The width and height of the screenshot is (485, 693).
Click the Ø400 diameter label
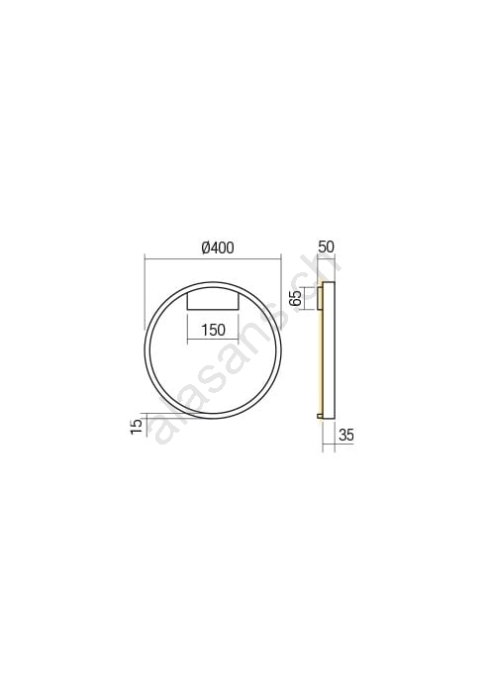point(218,247)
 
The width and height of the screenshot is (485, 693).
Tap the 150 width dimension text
point(214,330)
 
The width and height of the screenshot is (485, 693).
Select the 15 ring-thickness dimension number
point(137,426)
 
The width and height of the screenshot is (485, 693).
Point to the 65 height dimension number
point(295,297)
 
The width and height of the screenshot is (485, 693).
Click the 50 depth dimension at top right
point(326,247)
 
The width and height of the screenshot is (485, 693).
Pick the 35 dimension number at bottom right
point(346,436)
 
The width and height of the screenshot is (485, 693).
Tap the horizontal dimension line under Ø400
point(213,256)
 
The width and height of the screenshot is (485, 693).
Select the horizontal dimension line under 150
point(214,339)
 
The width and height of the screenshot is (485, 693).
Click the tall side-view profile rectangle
point(329,349)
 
